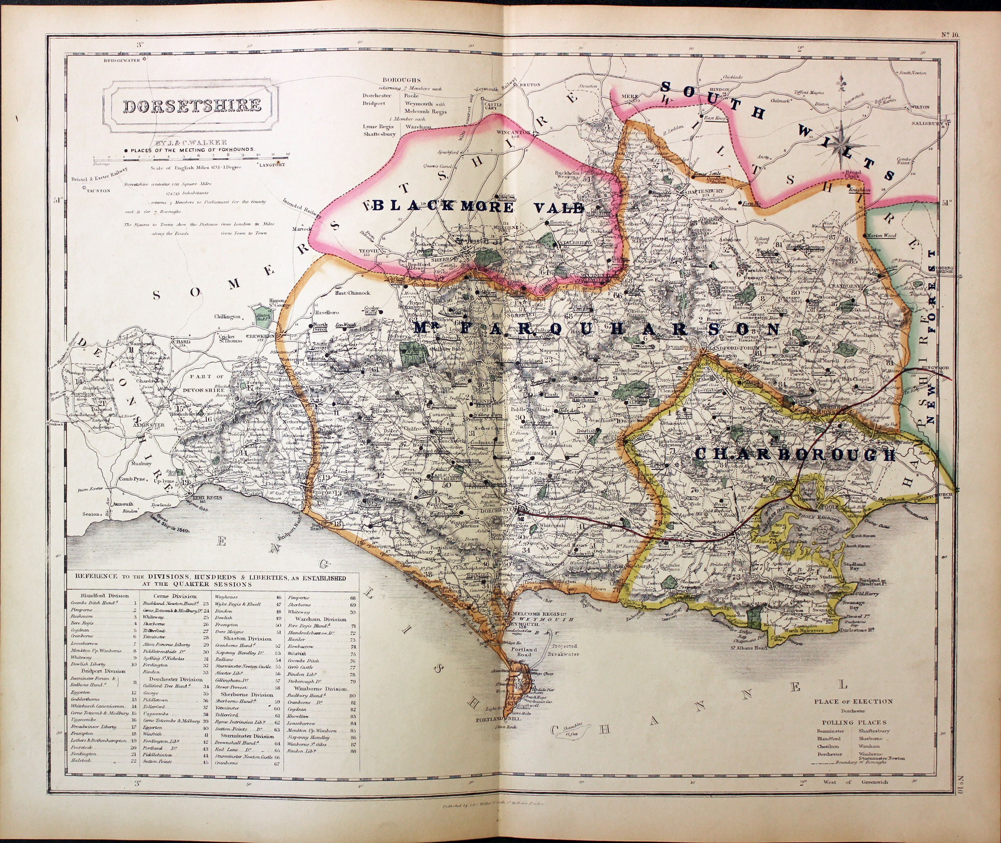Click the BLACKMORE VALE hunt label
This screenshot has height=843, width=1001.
coord(478,207)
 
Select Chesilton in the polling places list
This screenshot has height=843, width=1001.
coord(828,746)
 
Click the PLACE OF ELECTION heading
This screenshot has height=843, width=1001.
coord(853,701)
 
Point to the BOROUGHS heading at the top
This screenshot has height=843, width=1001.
coord(401,80)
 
